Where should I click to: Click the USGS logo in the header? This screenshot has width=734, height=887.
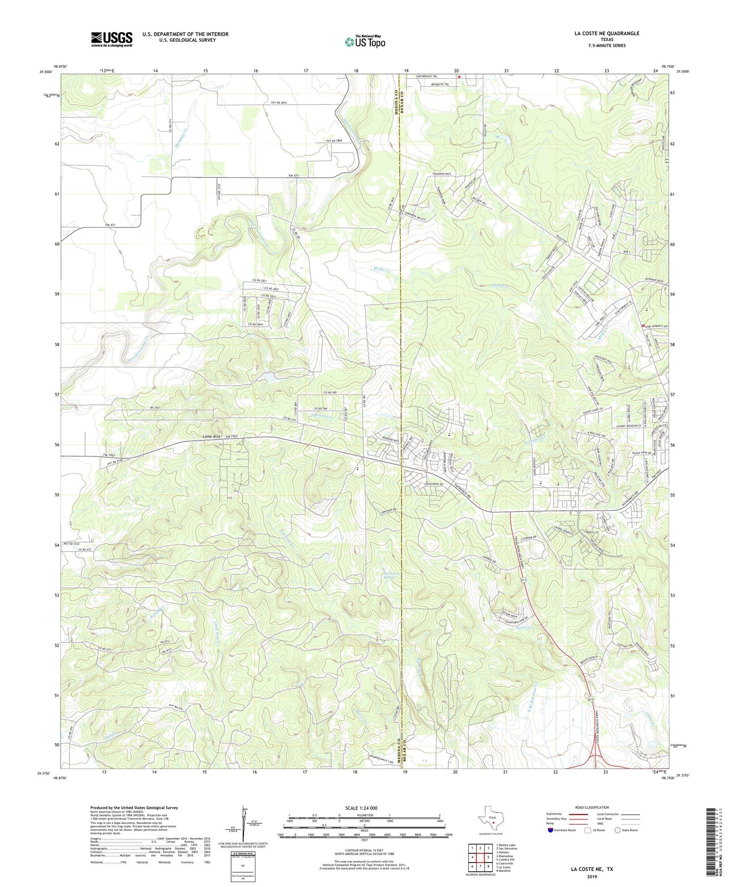click(x=112, y=39)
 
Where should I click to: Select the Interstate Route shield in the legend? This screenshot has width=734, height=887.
click(x=551, y=830)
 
